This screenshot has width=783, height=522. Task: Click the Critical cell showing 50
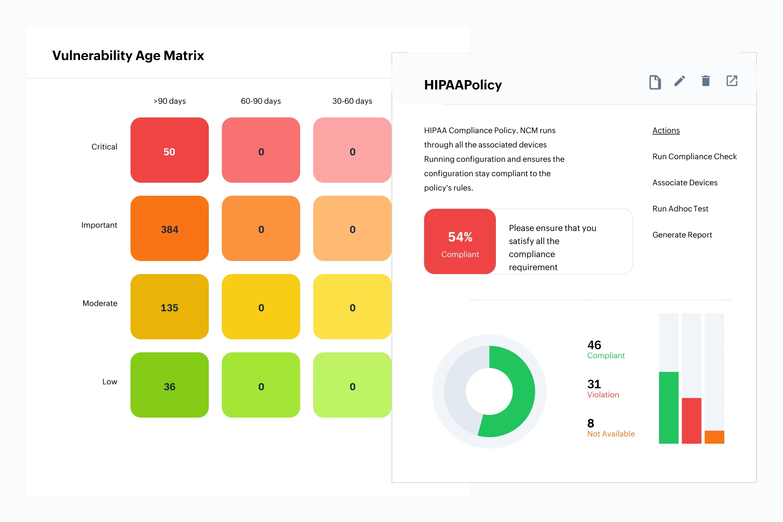click(x=170, y=150)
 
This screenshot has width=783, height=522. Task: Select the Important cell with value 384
click(x=170, y=228)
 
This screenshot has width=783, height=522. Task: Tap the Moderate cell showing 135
click(x=170, y=307)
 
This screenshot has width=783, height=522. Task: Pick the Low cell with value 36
click(x=170, y=385)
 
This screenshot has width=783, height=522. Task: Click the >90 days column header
click(x=170, y=101)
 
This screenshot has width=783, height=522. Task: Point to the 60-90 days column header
click(x=261, y=101)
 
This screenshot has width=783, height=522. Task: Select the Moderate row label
click(x=100, y=303)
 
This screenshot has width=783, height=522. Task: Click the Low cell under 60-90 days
click(x=261, y=385)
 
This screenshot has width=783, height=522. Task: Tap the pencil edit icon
click(x=679, y=81)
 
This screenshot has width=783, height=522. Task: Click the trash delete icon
click(x=706, y=81)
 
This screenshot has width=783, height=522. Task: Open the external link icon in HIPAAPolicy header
click(x=732, y=81)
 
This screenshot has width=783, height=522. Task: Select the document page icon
click(x=655, y=82)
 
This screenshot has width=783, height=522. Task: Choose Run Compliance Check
click(x=694, y=157)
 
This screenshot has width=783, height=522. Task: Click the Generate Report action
click(x=682, y=235)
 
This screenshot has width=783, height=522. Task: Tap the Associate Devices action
click(x=685, y=183)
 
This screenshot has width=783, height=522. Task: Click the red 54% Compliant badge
click(x=460, y=241)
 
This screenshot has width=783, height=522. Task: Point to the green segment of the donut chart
click(x=520, y=391)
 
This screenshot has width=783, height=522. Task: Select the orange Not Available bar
click(x=714, y=437)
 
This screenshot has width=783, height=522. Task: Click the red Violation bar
click(x=691, y=421)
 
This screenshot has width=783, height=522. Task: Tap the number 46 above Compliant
click(x=594, y=345)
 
